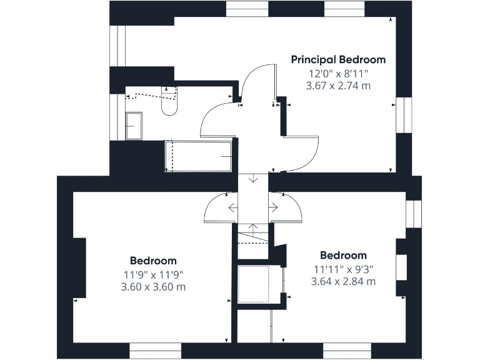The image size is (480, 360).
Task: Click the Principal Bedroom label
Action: click(x=338, y=60)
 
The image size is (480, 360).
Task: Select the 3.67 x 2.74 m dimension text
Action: click(x=338, y=85)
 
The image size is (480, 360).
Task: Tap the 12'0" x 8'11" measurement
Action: click(x=338, y=72)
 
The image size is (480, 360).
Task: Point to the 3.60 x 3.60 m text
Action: click(x=153, y=287)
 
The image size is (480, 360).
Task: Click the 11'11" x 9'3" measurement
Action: click(x=343, y=269)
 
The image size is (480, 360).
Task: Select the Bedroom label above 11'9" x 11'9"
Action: click(x=153, y=261)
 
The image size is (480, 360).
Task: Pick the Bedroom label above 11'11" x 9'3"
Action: click(x=343, y=255)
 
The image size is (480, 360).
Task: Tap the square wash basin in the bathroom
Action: click(x=134, y=126)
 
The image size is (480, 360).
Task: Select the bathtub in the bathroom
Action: click(x=199, y=156)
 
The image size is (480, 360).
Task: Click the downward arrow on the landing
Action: click(x=253, y=178)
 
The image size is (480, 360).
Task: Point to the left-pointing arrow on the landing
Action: click(x=232, y=207)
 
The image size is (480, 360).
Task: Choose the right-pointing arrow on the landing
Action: click(x=273, y=207)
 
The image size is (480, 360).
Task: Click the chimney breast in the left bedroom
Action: click(x=79, y=267)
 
